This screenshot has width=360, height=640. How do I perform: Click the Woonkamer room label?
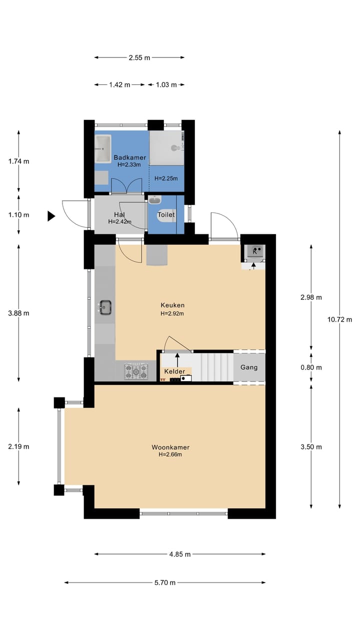[x=170, y=447]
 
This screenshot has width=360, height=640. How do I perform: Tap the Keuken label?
[x=172, y=305]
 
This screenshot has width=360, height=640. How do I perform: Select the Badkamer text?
[x=130, y=157]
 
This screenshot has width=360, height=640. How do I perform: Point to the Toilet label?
[x=166, y=214]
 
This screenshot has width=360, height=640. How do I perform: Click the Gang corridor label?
[x=249, y=367]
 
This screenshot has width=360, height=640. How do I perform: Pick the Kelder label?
[x=174, y=371]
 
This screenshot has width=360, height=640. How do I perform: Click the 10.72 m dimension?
[x=339, y=319]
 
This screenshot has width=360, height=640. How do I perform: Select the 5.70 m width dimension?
[x=165, y=582]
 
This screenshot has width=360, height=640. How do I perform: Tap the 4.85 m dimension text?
[x=180, y=554]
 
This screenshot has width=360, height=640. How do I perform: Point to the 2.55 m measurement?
[x=139, y=57]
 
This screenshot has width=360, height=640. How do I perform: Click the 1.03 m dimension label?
[x=166, y=85]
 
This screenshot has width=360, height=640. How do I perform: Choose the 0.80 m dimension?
[x=311, y=367]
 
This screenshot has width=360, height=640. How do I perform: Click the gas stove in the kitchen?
[x=136, y=371]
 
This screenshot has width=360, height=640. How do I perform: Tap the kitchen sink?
[x=105, y=307]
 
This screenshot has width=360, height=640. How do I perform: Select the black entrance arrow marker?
[x=51, y=216]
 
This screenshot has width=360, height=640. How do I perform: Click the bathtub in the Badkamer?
[x=103, y=148]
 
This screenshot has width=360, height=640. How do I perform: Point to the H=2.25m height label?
[x=166, y=178]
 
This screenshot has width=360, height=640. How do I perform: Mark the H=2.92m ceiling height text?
[x=172, y=313]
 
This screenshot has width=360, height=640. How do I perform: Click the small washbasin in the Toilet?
[x=155, y=199]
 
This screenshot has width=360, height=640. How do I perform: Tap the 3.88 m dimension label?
[x=18, y=313]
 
